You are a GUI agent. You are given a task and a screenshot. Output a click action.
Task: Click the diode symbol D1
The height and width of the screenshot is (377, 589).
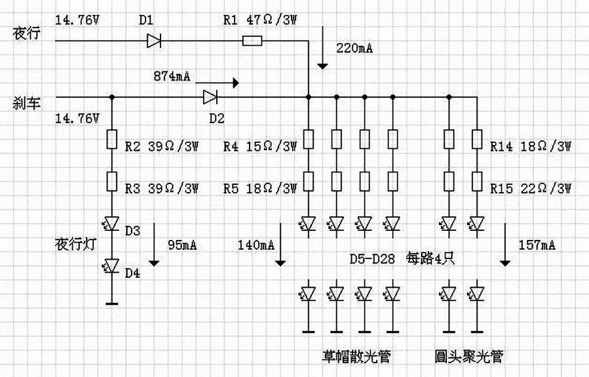pyautogui.click(x=155, y=41)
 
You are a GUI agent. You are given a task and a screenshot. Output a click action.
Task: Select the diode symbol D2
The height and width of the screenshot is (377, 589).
pyautogui.click(x=210, y=98)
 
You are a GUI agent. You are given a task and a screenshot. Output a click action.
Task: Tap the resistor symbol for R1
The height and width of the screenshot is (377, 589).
pyautogui.click(x=252, y=41)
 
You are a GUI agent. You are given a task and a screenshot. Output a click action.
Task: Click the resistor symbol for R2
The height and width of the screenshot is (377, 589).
pyautogui.click(x=111, y=140)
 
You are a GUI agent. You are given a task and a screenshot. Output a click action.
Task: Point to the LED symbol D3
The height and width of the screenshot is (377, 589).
pyautogui.click(x=111, y=224)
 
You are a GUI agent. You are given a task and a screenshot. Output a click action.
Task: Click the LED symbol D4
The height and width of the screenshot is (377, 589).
pyautogui.click(x=111, y=266)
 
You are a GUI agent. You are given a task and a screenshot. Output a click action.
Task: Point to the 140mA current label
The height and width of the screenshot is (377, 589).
pyautogui.click(x=257, y=245)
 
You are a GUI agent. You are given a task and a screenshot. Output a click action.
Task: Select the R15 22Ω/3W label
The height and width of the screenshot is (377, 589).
pyautogui.click(x=531, y=189)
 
